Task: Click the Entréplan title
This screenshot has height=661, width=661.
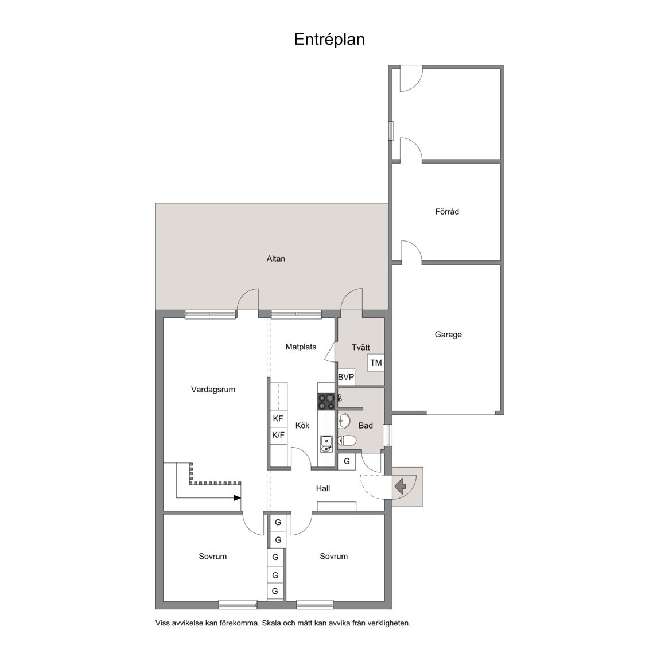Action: (329, 39)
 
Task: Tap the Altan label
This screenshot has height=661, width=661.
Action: (275, 259)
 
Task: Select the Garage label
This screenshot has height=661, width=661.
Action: (448, 335)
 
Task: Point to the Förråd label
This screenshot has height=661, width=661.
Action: (446, 212)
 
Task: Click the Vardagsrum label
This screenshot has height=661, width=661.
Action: (213, 390)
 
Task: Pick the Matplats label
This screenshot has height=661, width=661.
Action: (301, 347)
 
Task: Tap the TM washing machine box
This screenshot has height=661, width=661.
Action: (376, 363)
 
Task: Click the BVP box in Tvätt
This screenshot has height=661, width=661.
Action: (346, 377)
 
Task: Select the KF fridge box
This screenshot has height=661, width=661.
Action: (278, 418)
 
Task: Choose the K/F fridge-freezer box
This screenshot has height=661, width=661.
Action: (278, 435)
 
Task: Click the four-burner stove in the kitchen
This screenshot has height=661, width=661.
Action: (326, 401)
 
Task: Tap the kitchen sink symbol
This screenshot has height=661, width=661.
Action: (325, 441)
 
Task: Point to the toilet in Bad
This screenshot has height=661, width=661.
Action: (347, 441)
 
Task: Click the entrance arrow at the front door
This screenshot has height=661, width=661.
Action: (401, 486)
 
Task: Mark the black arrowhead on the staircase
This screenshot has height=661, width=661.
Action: (237, 498)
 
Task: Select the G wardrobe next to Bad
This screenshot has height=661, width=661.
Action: (347, 461)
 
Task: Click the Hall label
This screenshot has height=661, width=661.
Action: (322, 489)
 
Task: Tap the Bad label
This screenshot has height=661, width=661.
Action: (366, 426)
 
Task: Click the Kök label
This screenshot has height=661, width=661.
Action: (302, 426)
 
